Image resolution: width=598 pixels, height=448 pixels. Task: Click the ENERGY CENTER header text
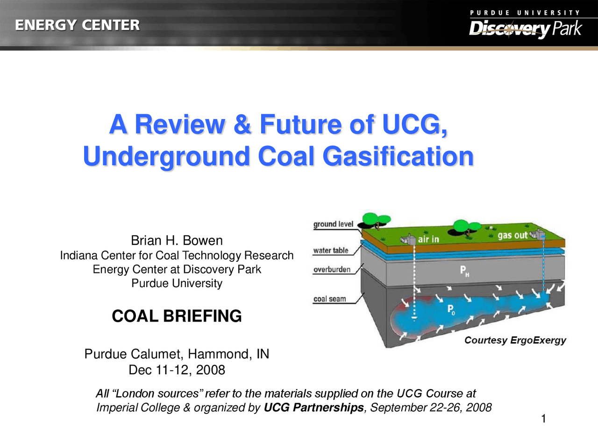point(77,25)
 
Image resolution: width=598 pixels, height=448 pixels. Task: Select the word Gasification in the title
point(398,156)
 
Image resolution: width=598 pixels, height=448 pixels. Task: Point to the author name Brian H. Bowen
point(177,240)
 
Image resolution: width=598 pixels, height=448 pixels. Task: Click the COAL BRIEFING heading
point(177,316)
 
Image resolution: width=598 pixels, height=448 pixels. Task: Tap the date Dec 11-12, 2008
point(177,370)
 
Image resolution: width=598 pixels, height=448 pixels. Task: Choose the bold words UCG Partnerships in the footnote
point(313,407)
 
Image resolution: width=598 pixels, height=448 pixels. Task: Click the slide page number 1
point(543,419)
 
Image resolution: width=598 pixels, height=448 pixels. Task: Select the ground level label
point(333,224)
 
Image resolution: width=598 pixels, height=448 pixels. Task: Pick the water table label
point(331,250)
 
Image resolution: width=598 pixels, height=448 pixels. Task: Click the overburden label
point(332,269)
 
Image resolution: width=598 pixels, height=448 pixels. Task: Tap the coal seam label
point(329,299)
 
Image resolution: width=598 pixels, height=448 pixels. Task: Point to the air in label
point(428,239)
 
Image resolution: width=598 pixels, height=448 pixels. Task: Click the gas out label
point(512,236)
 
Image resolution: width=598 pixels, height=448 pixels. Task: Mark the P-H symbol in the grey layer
point(464,271)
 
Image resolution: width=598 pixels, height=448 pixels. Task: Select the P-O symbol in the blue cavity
point(451,309)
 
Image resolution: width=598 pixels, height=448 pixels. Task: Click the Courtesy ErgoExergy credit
point(515,340)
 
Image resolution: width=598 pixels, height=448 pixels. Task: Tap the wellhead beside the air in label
point(409,239)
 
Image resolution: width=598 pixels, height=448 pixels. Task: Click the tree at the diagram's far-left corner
point(376,219)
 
